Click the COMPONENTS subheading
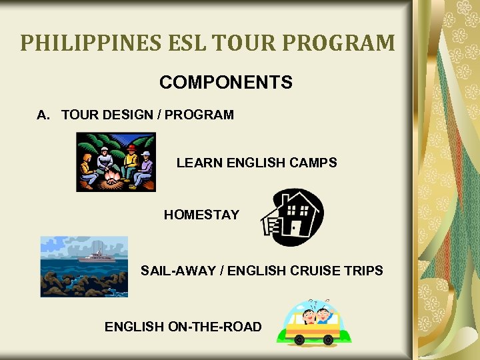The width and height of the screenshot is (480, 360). point(225,83)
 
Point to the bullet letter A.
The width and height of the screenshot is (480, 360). point(43,115)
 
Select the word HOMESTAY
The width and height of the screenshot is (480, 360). point(201,215)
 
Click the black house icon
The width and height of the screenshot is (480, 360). point(291,217)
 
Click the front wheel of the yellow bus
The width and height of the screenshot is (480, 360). point(299,339)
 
